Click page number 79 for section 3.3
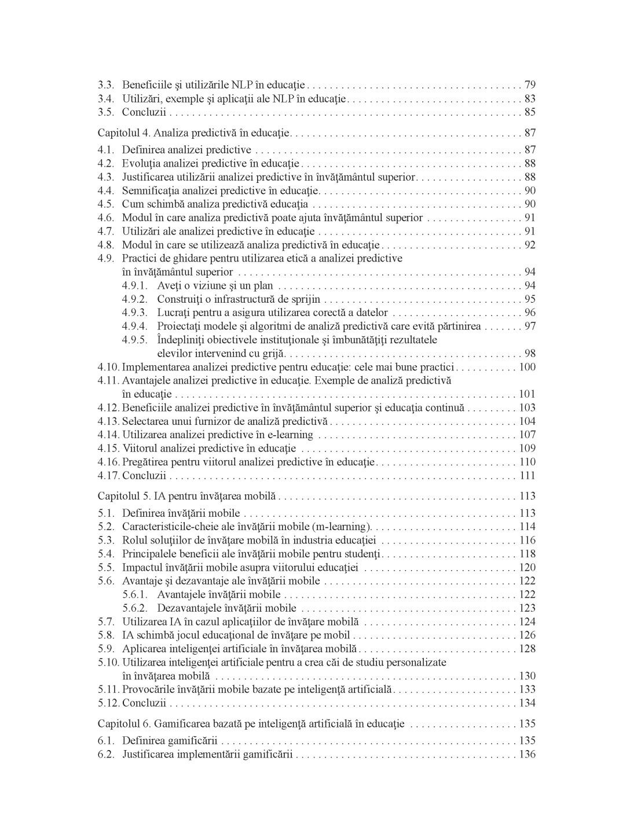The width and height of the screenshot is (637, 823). [x=529, y=85]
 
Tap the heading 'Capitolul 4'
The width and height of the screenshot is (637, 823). [x=123, y=133]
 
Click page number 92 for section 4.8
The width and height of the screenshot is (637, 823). [x=529, y=245]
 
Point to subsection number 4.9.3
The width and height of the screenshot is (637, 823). [x=134, y=313]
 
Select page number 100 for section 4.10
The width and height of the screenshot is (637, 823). [x=527, y=367]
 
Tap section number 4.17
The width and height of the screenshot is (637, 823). [x=108, y=476]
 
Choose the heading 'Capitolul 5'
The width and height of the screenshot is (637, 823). [x=123, y=496]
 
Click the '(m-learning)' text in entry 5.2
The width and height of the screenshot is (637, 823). [x=342, y=527]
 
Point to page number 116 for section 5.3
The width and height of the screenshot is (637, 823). [x=527, y=541]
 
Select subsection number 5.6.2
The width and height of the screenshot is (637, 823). [x=134, y=608]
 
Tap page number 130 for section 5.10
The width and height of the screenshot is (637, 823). [x=527, y=676]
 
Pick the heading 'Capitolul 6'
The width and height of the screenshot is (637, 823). [x=123, y=723]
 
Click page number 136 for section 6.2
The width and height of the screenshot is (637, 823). [x=527, y=754]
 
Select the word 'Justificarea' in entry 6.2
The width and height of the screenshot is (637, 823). [x=148, y=754]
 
